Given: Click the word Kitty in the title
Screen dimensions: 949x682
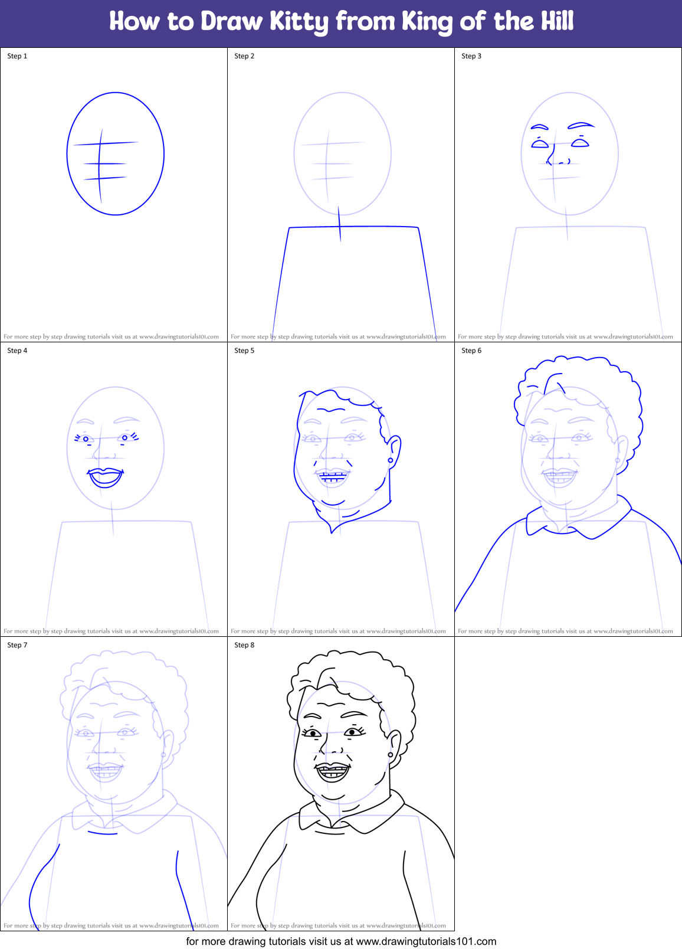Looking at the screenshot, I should tap(299, 22).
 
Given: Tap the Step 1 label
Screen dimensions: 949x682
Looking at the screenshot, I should tap(17, 56).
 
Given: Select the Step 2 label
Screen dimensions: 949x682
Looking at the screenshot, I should tap(244, 56).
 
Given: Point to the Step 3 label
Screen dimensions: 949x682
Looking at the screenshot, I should tap(471, 56).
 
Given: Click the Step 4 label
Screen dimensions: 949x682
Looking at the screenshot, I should tap(17, 351).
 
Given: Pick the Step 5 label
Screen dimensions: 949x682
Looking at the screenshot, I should tap(244, 351).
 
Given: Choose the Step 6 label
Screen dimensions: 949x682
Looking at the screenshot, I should tap(471, 351).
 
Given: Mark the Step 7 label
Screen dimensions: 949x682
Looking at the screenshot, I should tap(17, 645).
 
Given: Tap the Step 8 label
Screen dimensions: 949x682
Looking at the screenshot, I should tap(244, 645).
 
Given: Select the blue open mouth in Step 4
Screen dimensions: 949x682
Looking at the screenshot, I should tap(106, 477).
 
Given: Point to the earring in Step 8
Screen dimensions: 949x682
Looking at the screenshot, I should tap(390, 755).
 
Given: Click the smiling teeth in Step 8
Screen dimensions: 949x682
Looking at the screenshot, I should tap(332, 770).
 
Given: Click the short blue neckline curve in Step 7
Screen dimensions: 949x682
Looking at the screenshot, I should tap(103, 833).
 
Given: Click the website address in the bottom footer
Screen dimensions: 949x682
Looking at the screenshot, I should tap(426, 941).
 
